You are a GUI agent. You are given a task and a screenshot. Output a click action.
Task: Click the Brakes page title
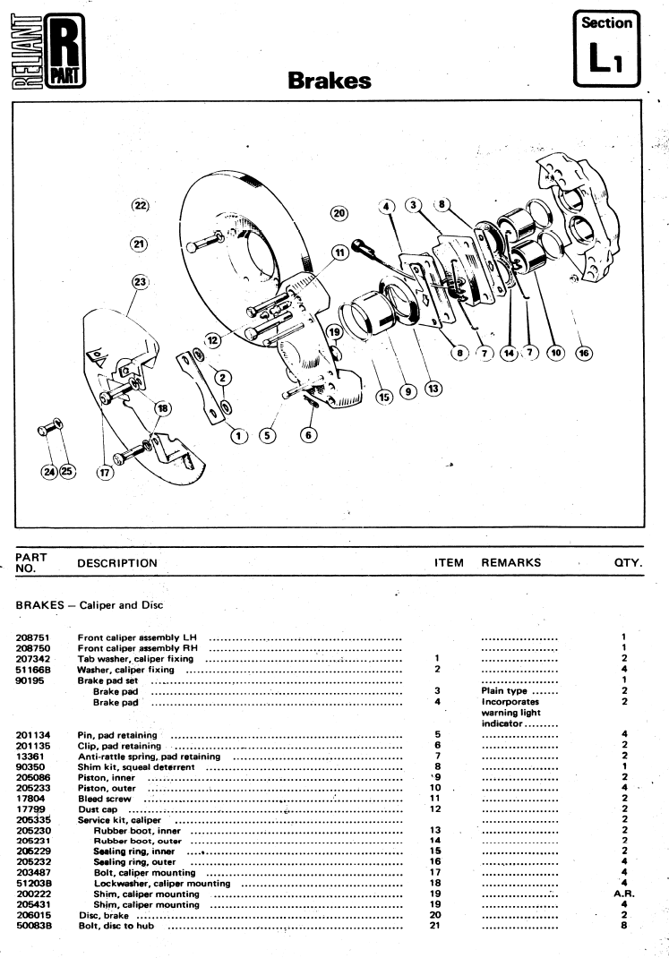[x=330, y=81]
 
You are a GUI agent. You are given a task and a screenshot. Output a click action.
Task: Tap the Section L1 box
[x=606, y=49]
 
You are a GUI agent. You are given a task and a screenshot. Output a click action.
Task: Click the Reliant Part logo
[x=48, y=51]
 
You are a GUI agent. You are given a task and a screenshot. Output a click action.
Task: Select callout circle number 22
[x=141, y=205]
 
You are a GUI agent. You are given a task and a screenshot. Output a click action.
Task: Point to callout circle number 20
[x=339, y=213]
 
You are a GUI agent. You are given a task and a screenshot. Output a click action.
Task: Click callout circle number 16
[x=584, y=353]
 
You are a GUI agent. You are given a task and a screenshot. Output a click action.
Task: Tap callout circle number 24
[x=49, y=472]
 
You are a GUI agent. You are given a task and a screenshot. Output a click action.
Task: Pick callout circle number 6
[x=309, y=435]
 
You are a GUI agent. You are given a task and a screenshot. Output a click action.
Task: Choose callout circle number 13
[x=433, y=389]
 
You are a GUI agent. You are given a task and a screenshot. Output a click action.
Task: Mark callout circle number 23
[x=141, y=282]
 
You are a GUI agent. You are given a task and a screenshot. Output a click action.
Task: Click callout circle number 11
[x=339, y=252]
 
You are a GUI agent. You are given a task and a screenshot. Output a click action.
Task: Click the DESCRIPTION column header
[x=117, y=563]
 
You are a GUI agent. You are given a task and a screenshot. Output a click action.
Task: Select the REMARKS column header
[x=510, y=562]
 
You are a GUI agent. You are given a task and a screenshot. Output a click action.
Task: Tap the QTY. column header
[x=628, y=562]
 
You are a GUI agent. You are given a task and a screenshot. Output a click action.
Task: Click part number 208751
[x=33, y=637]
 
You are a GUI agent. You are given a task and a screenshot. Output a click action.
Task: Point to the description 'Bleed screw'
[x=105, y=799]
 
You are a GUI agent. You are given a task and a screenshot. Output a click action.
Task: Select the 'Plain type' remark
[x=504, y=691]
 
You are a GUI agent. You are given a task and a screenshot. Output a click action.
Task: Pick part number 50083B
[x=34, y=926]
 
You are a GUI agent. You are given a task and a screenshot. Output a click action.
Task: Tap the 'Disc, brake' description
[x=104, y=915]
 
